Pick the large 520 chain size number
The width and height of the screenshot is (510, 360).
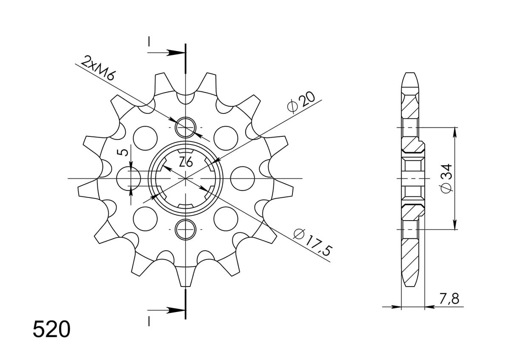(51, 329)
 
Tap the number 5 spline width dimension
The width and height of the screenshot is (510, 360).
(124, 152)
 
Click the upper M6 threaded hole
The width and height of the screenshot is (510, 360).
(186, 128)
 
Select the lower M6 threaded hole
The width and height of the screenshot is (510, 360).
(186, 229)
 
